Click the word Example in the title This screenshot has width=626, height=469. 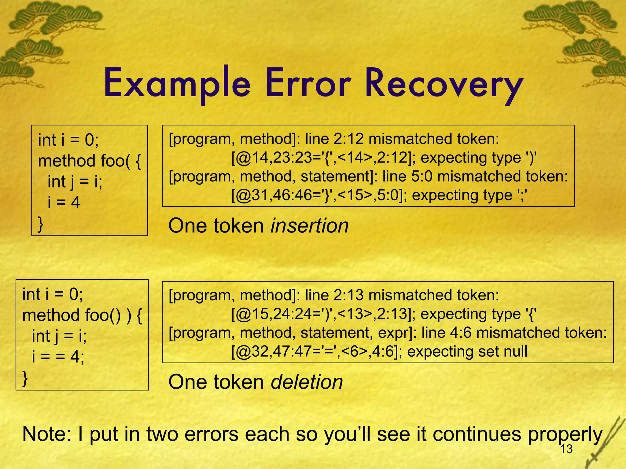pos(177,84)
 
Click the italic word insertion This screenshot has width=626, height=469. pos(310,226)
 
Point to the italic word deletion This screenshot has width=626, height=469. pos(307,382)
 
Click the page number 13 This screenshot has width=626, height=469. pos(566,449)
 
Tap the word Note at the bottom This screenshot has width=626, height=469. pos(47,434)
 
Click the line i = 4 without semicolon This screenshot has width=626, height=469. pos(64,202)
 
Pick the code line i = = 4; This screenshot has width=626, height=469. pos(58,356)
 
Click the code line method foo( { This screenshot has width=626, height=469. pos(90,161)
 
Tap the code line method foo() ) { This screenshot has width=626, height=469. pos(82,315)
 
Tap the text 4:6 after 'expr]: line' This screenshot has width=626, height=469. pos(460,333)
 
